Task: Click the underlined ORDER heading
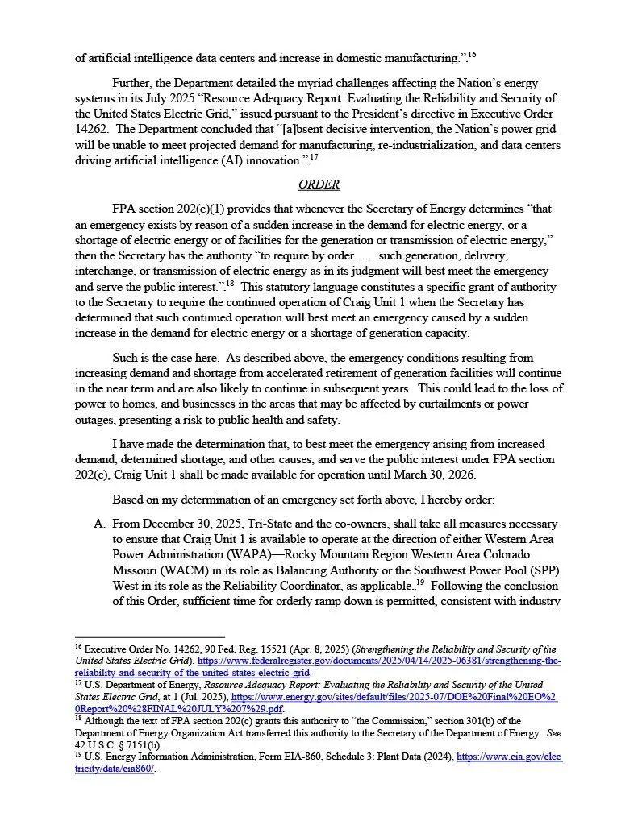tap(319, 184)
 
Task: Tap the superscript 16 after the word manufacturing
tap(473, 55)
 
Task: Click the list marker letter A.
tap(100, 524)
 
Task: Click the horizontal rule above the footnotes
tap(149, 637)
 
